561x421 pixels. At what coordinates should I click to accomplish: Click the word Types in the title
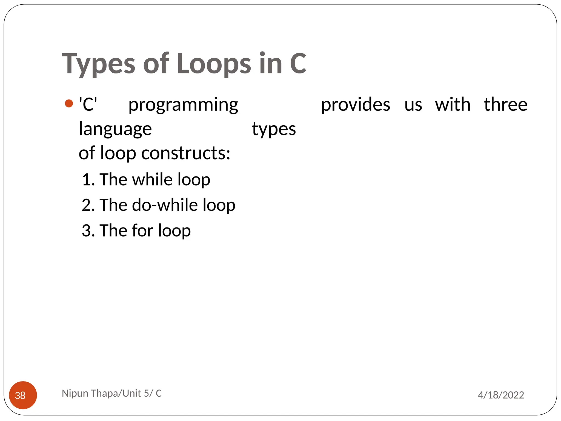click(99, 64)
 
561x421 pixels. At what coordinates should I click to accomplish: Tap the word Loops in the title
click(214, 64)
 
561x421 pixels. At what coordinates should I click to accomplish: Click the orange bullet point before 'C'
click(69, 104)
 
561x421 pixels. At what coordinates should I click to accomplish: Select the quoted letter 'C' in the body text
click(88, 104)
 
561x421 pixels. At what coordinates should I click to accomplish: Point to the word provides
click(355, 105)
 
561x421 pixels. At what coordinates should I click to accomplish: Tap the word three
click(505, 105)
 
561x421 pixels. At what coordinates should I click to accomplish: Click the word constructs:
click(186, 153)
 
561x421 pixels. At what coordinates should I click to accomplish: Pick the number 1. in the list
click(88, 180)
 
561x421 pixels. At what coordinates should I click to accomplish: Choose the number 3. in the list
click(88, 231)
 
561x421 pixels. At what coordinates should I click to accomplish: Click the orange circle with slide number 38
click(23, 395)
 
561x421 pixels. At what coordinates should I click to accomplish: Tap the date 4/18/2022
click(501, 395)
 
